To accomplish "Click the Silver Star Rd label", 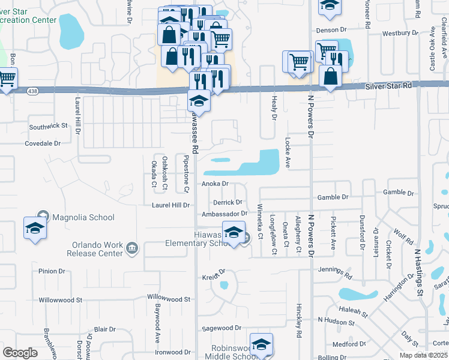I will coord(388,86).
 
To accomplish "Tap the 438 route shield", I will coord(32,91).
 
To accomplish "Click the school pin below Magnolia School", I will coord(35,229).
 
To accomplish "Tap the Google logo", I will coord(20,353).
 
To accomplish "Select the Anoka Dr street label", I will coord(215,184).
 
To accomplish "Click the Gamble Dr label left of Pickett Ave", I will coord(333,197).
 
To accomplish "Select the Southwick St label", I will coord(49,127).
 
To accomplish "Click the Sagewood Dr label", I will coord(221,328).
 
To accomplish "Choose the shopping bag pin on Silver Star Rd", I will coord(330,76).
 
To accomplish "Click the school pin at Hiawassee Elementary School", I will coord(234,232).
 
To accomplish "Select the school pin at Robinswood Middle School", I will coord(261,344).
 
